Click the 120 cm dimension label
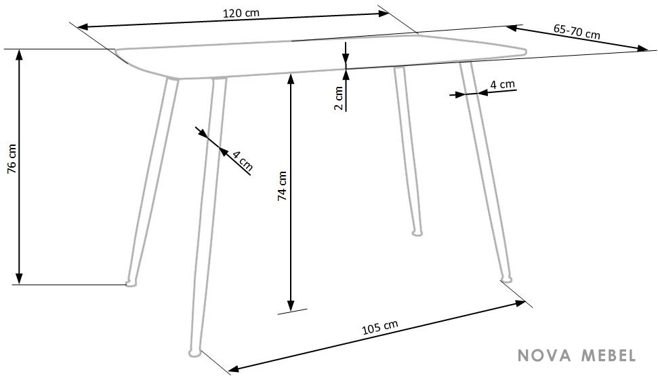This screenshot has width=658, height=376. tap(241, 13)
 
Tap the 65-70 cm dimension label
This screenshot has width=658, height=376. tap(577, 31)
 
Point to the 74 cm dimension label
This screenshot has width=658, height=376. tap(282, 185)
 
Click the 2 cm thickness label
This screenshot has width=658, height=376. tap(338, 98)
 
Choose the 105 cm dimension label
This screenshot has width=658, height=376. tap(379, 327)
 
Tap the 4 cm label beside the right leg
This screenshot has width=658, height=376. tap(502, 84)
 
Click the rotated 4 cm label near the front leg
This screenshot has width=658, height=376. tap(243, 161)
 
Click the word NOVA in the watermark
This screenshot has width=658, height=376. tap(544, 356)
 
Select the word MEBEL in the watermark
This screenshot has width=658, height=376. tap(608, 356)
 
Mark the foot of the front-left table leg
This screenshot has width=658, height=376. tap(194, 352)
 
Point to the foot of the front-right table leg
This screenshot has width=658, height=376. tap(506, 278)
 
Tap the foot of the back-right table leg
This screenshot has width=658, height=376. tap(417, 232)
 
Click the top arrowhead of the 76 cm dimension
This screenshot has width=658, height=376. tap(19, 54)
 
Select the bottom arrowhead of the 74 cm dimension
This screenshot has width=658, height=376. tap(291, 306)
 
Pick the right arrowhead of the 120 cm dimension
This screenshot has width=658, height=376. tap(384, 13)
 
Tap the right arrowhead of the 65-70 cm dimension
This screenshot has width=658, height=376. tap(642, 49)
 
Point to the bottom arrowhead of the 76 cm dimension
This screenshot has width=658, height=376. tap(19, 278)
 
